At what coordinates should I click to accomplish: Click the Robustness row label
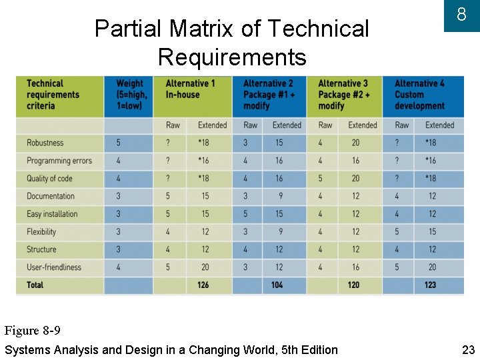coord(45,143)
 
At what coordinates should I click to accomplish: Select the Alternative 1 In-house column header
coord(190,89)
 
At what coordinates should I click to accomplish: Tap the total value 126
coord(203,285)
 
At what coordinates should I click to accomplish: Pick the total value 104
coord(277,285)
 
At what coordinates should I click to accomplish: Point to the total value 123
coord(430,285)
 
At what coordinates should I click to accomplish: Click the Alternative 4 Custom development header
coord(419,95)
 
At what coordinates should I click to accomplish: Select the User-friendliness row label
coord(54,267)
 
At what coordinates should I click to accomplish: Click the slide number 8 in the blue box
coord(461,15)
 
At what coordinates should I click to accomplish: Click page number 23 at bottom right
coord(468,349)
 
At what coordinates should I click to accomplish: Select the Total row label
coord(35,285)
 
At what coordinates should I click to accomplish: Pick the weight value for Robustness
coord(119,143)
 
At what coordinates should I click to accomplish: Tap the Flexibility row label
coord(41,232)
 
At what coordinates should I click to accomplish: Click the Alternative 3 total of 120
coord(353,285)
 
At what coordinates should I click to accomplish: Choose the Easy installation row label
coord(52,214)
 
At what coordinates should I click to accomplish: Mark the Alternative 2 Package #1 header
coord(269,95)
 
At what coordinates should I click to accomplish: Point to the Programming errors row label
coord(59,161)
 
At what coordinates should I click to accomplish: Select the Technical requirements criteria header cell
coord(53,95)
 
